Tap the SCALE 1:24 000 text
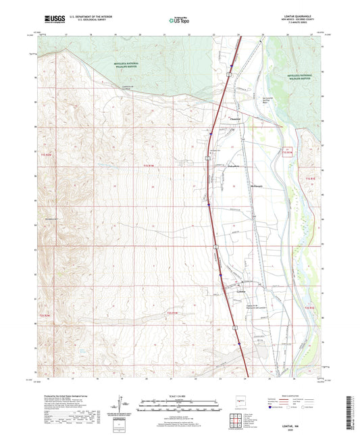pyautogui.click(x=180, y=396)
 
